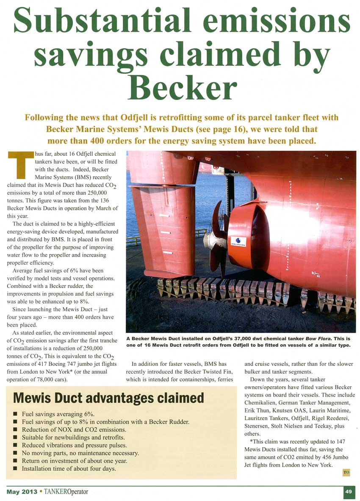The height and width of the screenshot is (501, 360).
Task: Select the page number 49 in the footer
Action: tap(349, 491)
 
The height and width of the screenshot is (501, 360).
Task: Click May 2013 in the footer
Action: tap(21, 492)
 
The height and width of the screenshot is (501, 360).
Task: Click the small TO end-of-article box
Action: tap(346, 473)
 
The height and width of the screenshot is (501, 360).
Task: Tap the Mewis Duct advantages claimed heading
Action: tap(109, 398)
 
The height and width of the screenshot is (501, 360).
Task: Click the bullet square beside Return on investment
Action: tap(16, 461)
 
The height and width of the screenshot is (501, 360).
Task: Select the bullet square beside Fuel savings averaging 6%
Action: tap(16, 415)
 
